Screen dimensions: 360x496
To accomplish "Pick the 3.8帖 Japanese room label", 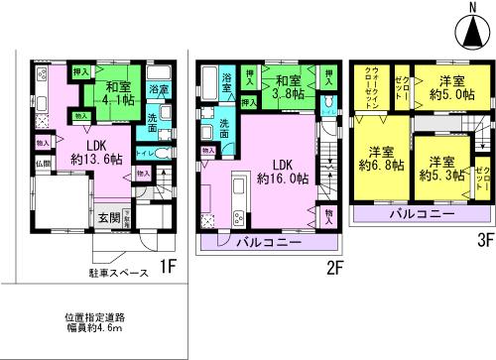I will [288, 96].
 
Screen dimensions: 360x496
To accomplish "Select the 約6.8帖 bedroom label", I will [383, 166].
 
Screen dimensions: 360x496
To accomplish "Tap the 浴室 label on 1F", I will [158, 89].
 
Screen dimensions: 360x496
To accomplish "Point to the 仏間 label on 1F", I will [43, 163].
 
